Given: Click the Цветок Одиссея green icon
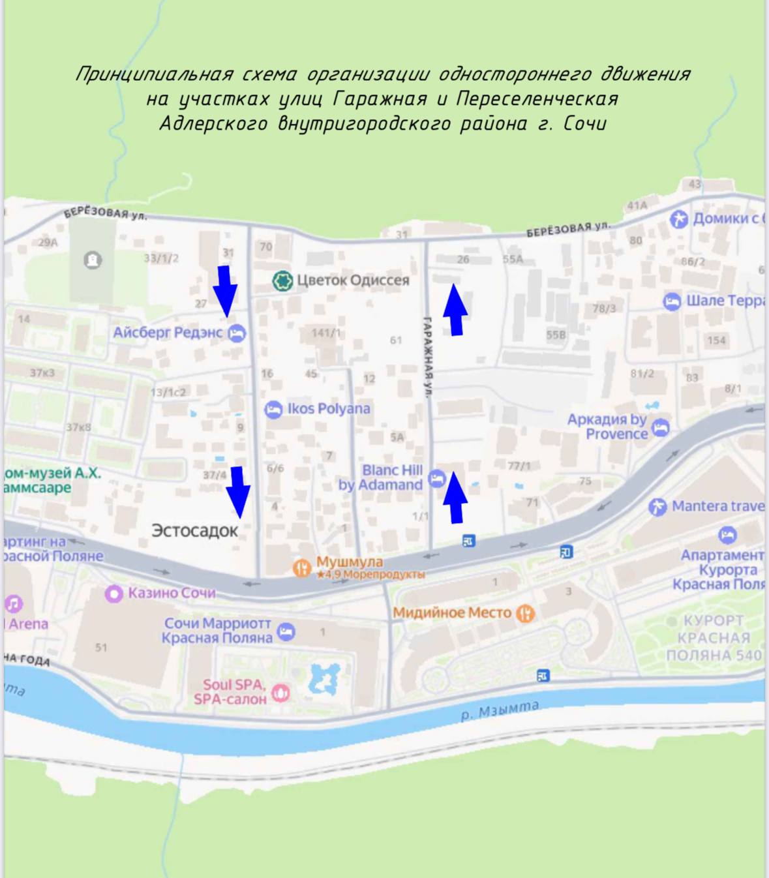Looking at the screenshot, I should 282,280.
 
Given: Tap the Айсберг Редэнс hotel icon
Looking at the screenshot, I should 237,333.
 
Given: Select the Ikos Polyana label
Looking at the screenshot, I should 328,409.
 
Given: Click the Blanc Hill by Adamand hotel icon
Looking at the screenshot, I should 436,479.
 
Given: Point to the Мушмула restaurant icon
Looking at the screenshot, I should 301,568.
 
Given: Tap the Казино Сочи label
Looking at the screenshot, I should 171,593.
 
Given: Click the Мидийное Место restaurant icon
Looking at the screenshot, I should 525,613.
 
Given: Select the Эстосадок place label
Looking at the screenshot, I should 194,531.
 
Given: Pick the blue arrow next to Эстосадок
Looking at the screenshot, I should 238,492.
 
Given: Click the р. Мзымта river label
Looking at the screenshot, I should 500,710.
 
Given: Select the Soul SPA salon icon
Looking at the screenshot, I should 280,692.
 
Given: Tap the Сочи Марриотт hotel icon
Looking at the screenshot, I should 286,631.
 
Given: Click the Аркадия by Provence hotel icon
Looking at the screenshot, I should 661,428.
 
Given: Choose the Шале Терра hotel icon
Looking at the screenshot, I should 672,301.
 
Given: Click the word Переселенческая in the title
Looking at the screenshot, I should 537,99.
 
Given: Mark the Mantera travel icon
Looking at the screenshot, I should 657,506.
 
